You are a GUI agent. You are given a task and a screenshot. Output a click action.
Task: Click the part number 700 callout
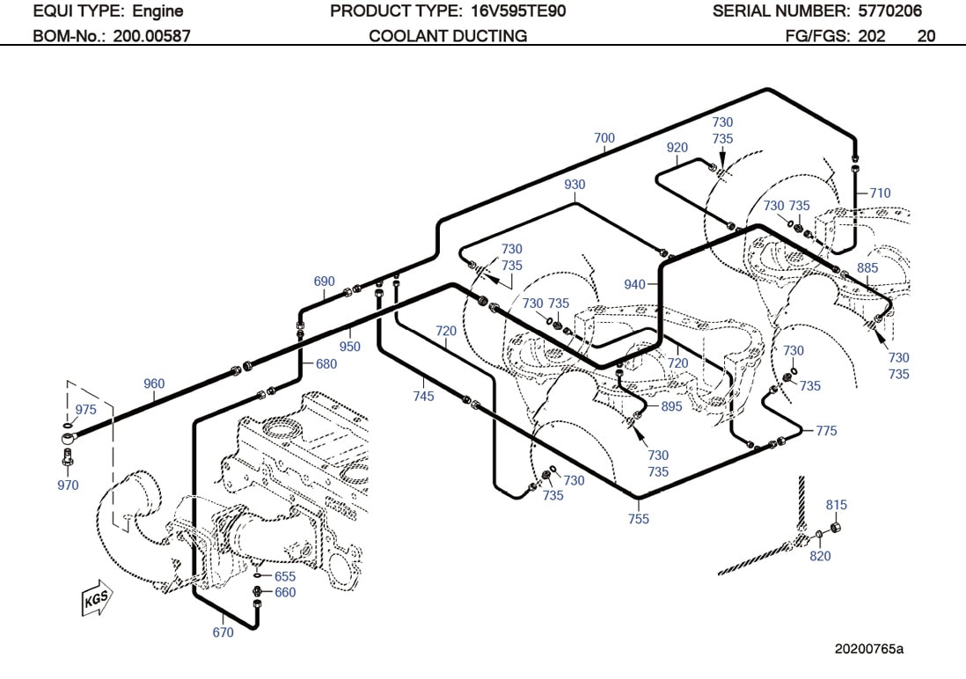pos(604,138)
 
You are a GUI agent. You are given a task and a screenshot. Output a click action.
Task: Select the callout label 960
pos(154,383)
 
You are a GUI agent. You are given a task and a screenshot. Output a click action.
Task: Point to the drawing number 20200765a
pos(869,649)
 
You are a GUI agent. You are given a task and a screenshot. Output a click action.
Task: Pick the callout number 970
pos(68,485)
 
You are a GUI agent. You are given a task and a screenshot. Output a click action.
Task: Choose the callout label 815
pos(837,505)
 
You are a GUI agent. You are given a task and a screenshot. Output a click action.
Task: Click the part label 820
pos(820,556)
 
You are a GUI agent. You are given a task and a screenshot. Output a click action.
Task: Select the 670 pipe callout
pos(223,632)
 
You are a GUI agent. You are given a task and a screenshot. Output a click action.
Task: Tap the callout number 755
pos(639,519)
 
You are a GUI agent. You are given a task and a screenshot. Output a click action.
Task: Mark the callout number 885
pos(867,267)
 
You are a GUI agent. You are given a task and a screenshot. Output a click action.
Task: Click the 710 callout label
pos(880,193)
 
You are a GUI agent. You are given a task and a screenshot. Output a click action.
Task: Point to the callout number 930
pos(574,185)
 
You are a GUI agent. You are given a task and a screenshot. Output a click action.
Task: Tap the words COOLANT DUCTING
pos(448,36)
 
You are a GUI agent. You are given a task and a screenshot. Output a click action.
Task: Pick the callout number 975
pos(85,410)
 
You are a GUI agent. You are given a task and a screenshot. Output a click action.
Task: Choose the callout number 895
pos(671,406)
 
